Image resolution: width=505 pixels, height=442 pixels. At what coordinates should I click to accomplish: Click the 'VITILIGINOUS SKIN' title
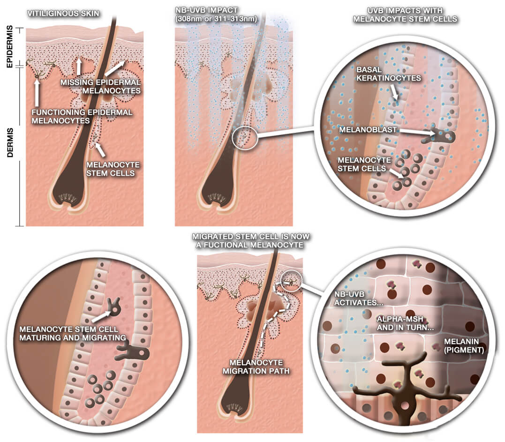(63, 14)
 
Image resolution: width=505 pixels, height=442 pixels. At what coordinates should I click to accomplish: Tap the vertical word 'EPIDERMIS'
(10, 47)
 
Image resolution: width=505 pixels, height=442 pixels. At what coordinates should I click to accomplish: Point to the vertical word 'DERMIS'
(10, 142)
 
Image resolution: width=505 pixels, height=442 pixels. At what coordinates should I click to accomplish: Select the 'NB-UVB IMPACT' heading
(206, 10)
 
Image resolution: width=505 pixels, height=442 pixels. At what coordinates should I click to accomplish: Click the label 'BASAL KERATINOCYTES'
(388, 74)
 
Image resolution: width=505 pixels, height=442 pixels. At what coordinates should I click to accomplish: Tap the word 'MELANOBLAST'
(368, 130)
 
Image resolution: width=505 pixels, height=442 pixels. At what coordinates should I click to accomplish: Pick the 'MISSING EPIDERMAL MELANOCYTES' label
(100, 87)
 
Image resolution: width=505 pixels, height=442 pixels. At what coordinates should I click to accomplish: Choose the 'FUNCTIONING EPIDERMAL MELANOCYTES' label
(82, 116)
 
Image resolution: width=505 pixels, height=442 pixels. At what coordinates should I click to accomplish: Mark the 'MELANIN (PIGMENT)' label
(464, 345)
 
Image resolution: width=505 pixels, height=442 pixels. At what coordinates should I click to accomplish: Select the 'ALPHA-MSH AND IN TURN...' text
(405, 323)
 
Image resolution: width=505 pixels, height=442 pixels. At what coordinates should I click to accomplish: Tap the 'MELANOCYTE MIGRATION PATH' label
(256, 367)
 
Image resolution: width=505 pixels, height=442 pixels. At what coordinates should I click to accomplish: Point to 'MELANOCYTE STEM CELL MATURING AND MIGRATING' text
(73, 334)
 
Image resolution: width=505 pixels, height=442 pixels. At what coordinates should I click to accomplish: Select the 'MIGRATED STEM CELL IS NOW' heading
(250, 236)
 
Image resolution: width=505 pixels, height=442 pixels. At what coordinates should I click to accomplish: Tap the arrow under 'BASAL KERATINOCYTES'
(394, 92)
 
